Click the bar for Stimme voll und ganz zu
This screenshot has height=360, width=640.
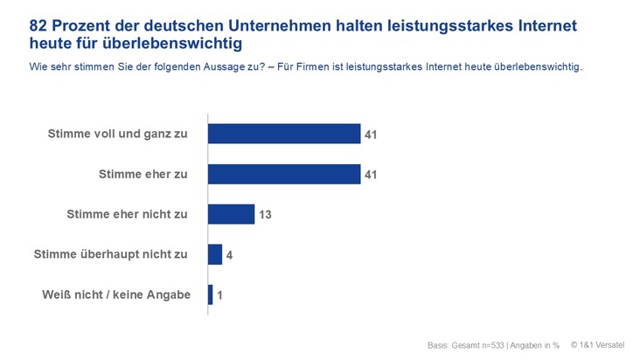point(284,134)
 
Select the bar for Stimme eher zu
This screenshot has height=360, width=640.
point(284,174)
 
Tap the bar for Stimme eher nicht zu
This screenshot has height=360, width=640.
point(231,214)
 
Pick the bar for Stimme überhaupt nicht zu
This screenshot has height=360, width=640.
point(215,254)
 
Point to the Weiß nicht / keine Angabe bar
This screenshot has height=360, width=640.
point(211,294)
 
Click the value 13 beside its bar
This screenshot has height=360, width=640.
point(265,215)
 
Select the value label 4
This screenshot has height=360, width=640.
point(229,255)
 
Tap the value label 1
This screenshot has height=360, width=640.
point(220,295)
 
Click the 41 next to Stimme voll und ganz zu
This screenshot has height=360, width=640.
point(372,135)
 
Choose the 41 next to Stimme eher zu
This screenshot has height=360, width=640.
point(372,175)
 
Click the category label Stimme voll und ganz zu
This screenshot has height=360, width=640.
point(120,134)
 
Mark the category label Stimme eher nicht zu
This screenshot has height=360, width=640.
point(128,214)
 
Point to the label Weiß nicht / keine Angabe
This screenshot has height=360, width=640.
point(115,294)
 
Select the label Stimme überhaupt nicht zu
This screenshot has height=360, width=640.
point(111,254)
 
